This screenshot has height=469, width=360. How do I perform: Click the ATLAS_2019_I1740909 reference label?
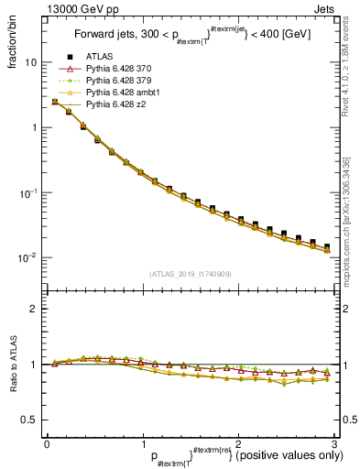pyautogui.click(x=190, y=273)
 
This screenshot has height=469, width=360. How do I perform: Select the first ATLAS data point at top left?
pyautogui.click(x=55, y=102)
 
